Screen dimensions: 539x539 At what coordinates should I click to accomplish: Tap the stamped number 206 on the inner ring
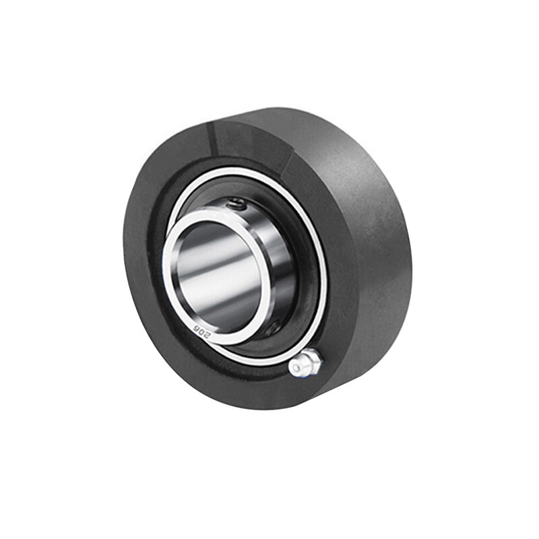201,331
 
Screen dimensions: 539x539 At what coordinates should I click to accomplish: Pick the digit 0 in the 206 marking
201,331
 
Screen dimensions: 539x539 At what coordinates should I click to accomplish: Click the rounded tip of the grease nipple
296,369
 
